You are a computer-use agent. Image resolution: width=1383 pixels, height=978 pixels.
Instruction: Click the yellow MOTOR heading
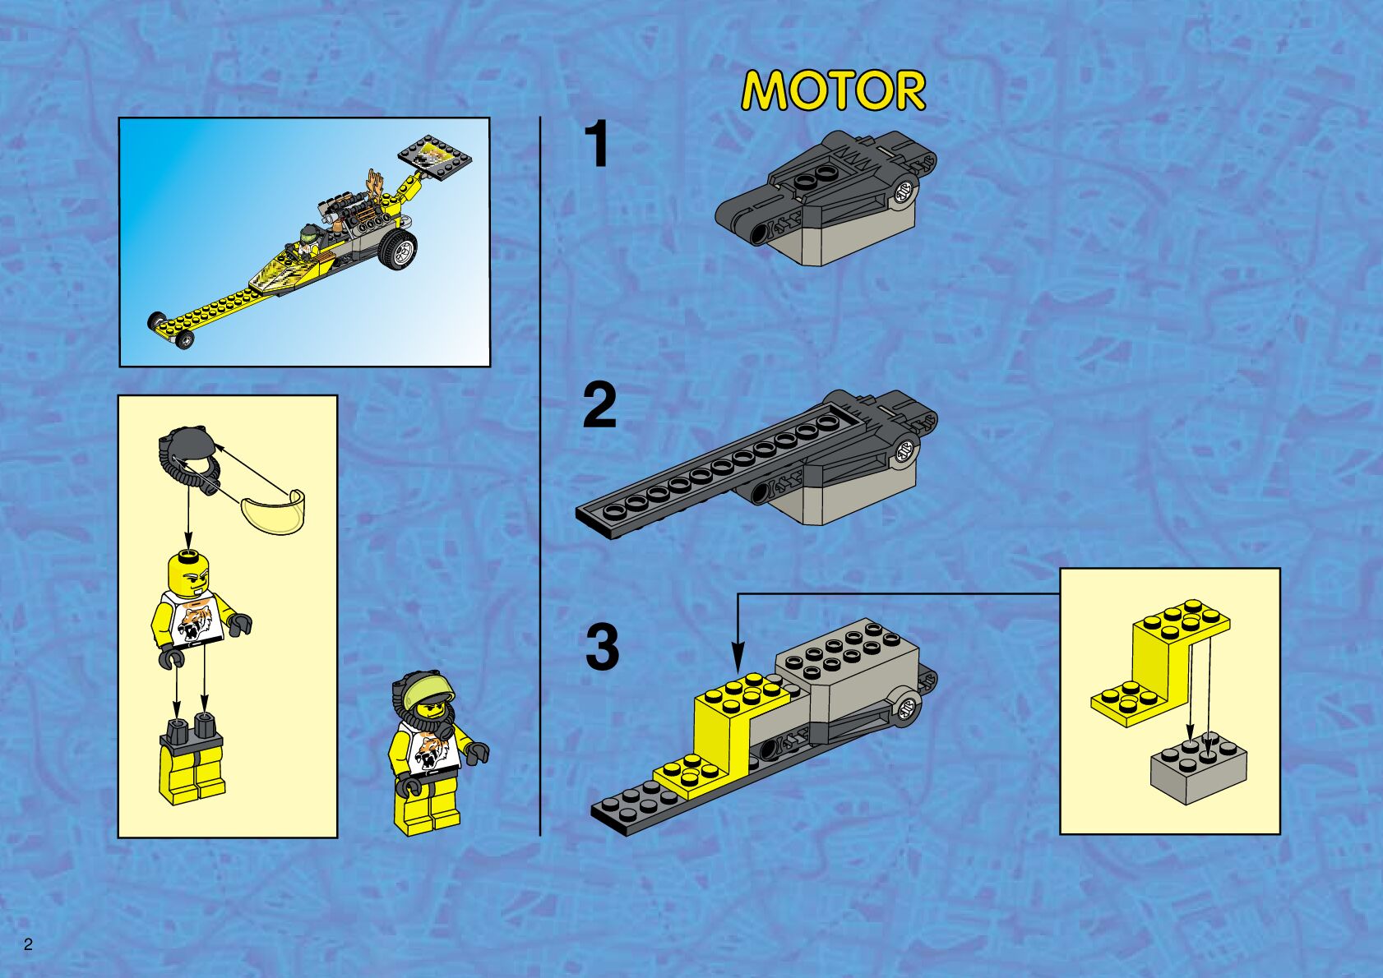[x=833, y=90]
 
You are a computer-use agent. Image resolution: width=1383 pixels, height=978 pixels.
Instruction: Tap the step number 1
[x=597, y=143]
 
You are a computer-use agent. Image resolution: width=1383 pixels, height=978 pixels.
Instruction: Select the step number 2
[x=599, y=405]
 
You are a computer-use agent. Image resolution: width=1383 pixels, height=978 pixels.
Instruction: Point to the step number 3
[x=601, y=648]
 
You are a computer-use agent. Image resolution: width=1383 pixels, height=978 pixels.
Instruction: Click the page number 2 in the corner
[x=28, y=944]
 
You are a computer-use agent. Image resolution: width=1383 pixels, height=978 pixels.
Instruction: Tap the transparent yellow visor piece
[x=274, y=511]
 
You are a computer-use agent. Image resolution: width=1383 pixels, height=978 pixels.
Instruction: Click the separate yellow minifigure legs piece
[x=192, y=759]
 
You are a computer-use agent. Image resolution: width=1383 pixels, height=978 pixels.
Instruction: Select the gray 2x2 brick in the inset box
[x=1198, y=768]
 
